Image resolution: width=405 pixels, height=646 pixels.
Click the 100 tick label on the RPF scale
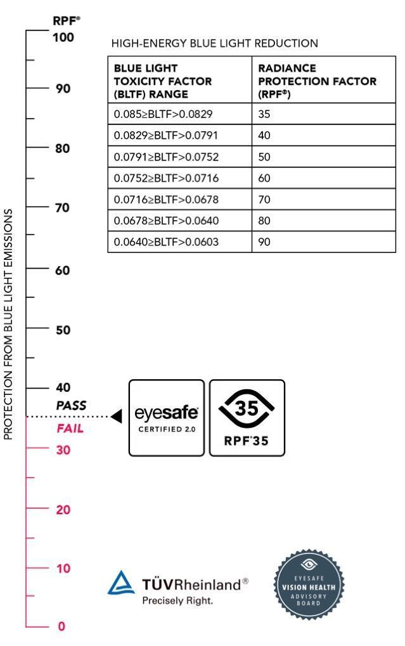tap(64, 37)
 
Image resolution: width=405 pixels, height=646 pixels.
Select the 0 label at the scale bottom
tap(61, 626)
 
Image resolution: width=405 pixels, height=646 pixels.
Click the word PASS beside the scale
tap(71, 405)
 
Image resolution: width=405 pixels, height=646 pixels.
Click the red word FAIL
tap(70, 429)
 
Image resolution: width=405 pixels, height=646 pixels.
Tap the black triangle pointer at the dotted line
tap(116, 417)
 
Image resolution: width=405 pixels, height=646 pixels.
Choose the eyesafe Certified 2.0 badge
tap(167, 418)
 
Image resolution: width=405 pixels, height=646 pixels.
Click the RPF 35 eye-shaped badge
tap(247, 418)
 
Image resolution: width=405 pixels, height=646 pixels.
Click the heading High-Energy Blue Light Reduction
tap(214, 44)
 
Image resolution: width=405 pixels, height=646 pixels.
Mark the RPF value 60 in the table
tap(264, 178)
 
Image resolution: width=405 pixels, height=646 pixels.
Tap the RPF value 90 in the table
tap(264, 242)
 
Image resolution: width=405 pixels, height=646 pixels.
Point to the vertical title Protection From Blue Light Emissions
tap(9, 323)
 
